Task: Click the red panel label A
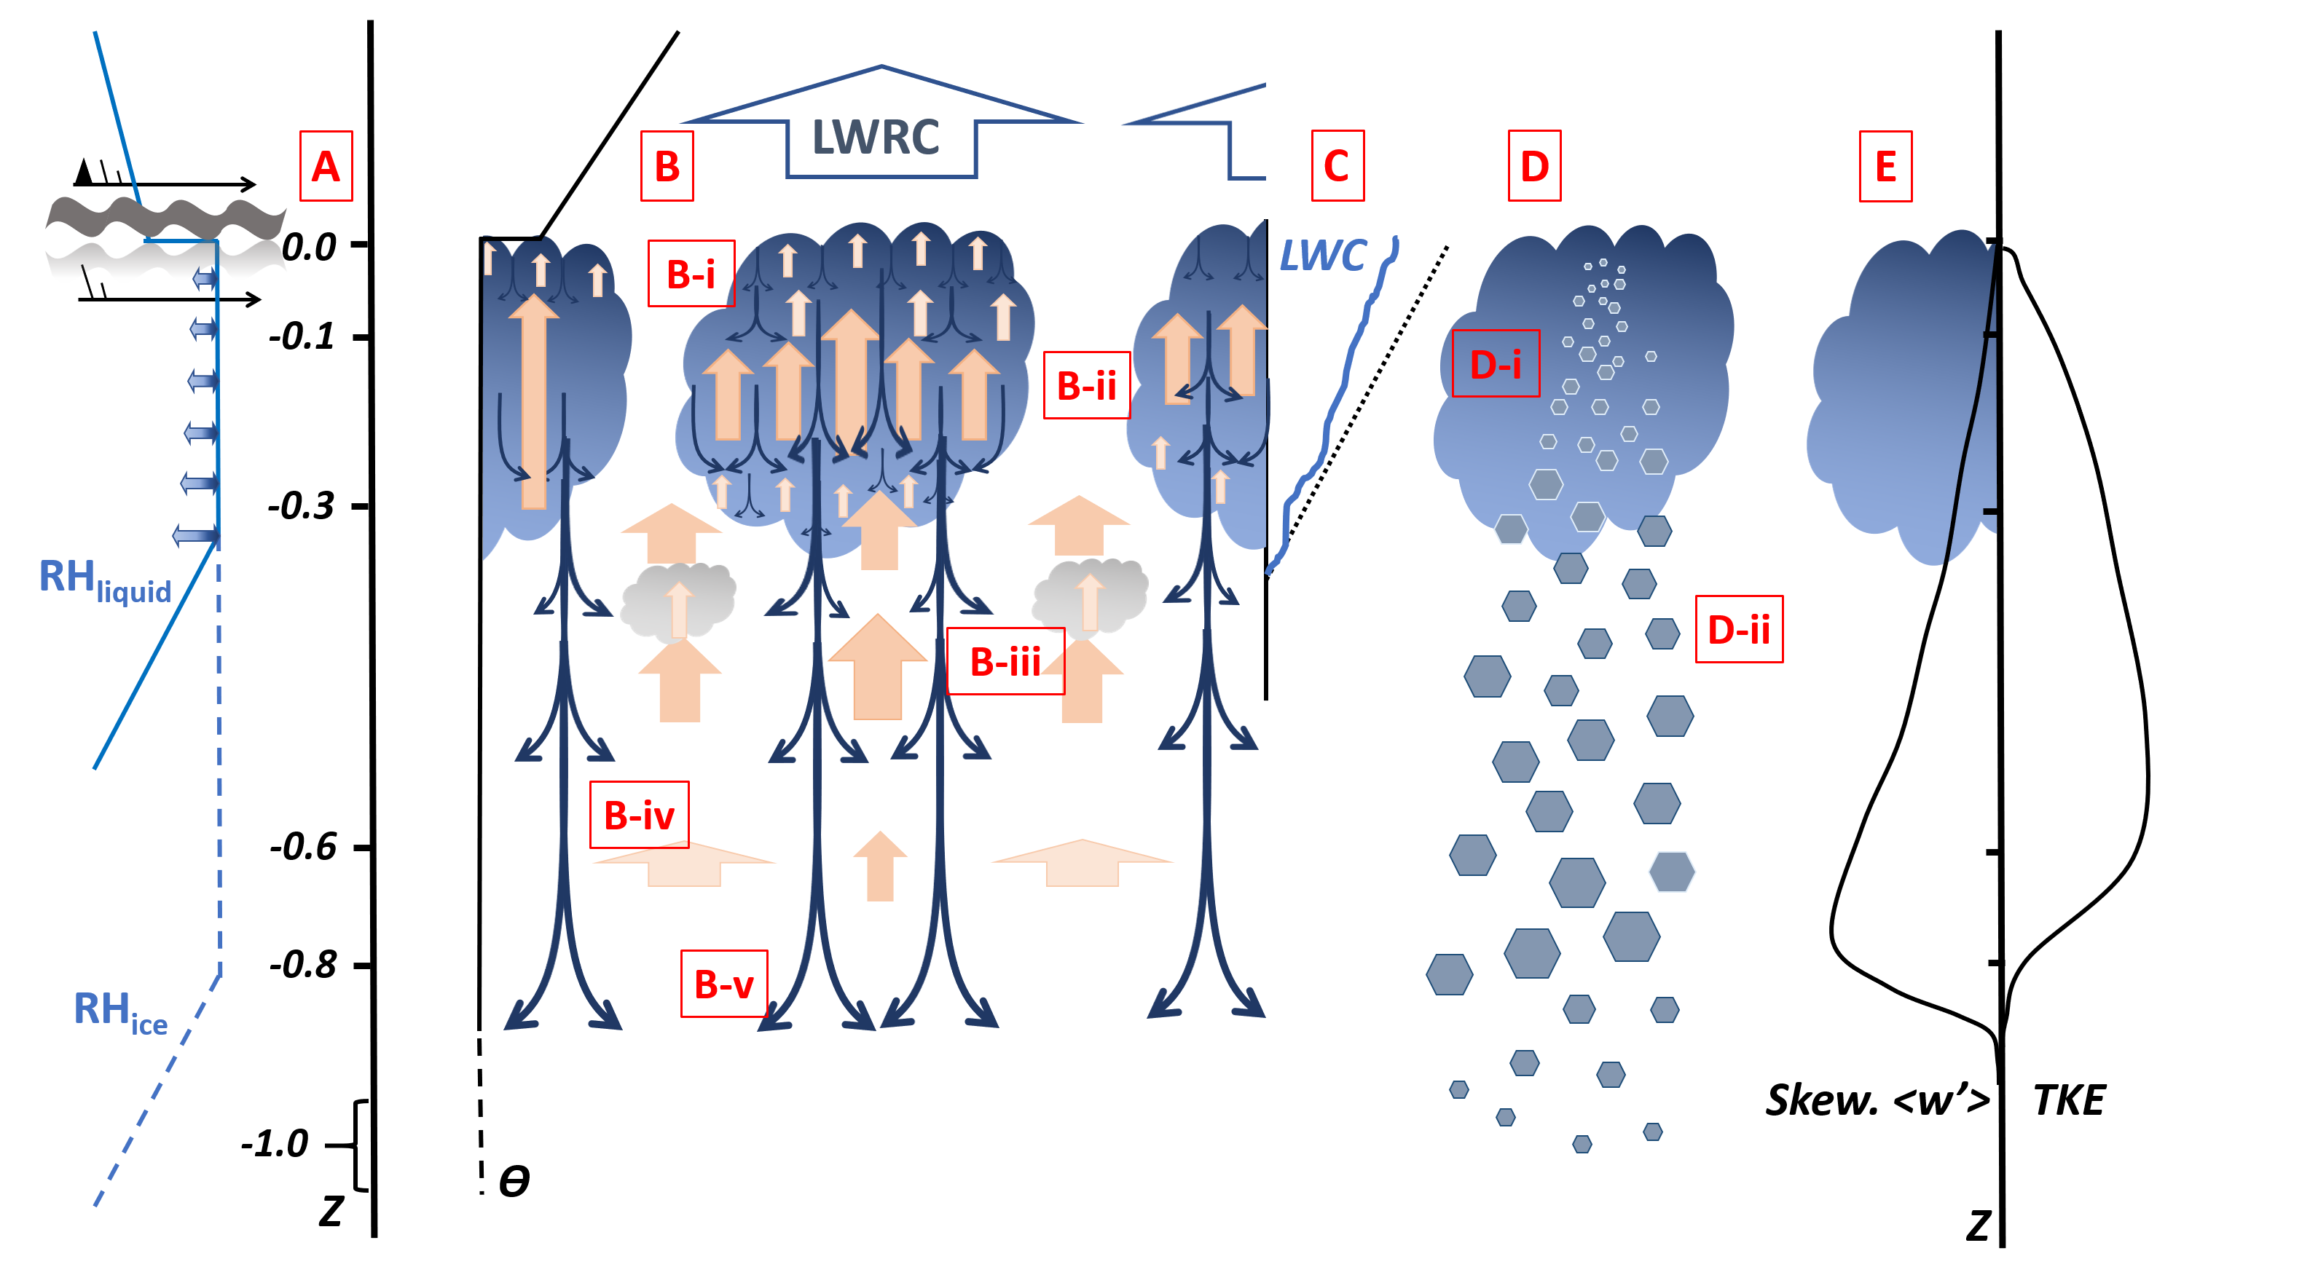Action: [x=326, y=166]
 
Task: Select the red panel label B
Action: [x=667, y=166]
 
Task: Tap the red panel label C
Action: [x=1336, y=166]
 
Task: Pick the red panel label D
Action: [x=1533, y=166]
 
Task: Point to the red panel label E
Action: [x=1885, y=166]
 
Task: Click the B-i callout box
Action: [x=691, y=274]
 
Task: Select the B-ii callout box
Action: [x=1086, y=385]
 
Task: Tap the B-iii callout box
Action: [x=1005, y=662]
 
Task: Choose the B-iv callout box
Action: [x=638, y=815]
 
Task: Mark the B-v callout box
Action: [x=723, y=984]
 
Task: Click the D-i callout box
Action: [x=1495, y=363]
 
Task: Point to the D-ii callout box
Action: [x=1738, y=629]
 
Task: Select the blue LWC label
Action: [x=1323, y=256]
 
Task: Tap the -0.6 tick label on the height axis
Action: [x=303, y=846]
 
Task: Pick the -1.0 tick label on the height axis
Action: [x=275, y=1143]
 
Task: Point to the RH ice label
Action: [x=120, y=1011]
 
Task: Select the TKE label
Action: [x=2068, y=1100]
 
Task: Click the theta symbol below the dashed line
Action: [x=514, y=1181]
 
